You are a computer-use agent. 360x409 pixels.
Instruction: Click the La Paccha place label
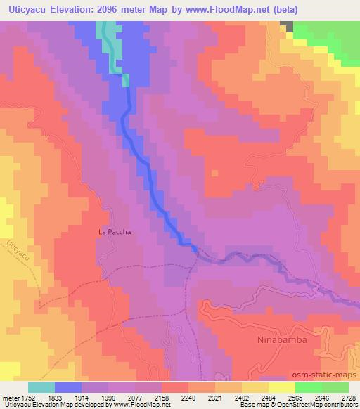pos(115,231)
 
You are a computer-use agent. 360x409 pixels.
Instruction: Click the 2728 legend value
pos(347,398)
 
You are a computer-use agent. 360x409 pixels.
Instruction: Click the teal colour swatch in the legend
pos(41,387)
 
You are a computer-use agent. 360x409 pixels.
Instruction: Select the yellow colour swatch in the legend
pos(281,387)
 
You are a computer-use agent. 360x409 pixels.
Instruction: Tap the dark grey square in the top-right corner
pos(286,25)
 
